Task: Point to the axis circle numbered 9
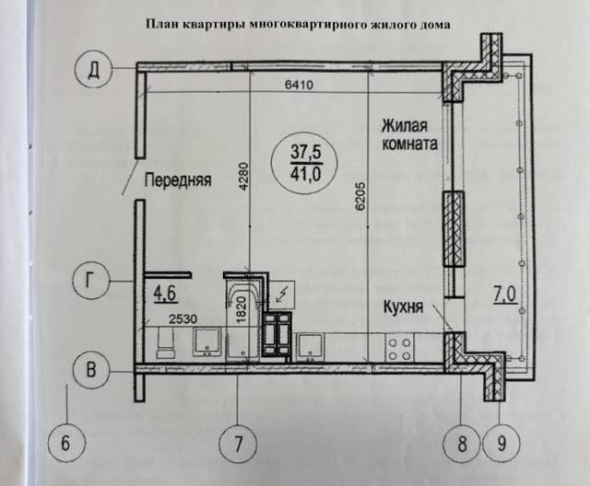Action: [x=501, y=443]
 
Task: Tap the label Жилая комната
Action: [x=405, y=134]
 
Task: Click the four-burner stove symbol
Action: [x=401, y=347]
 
